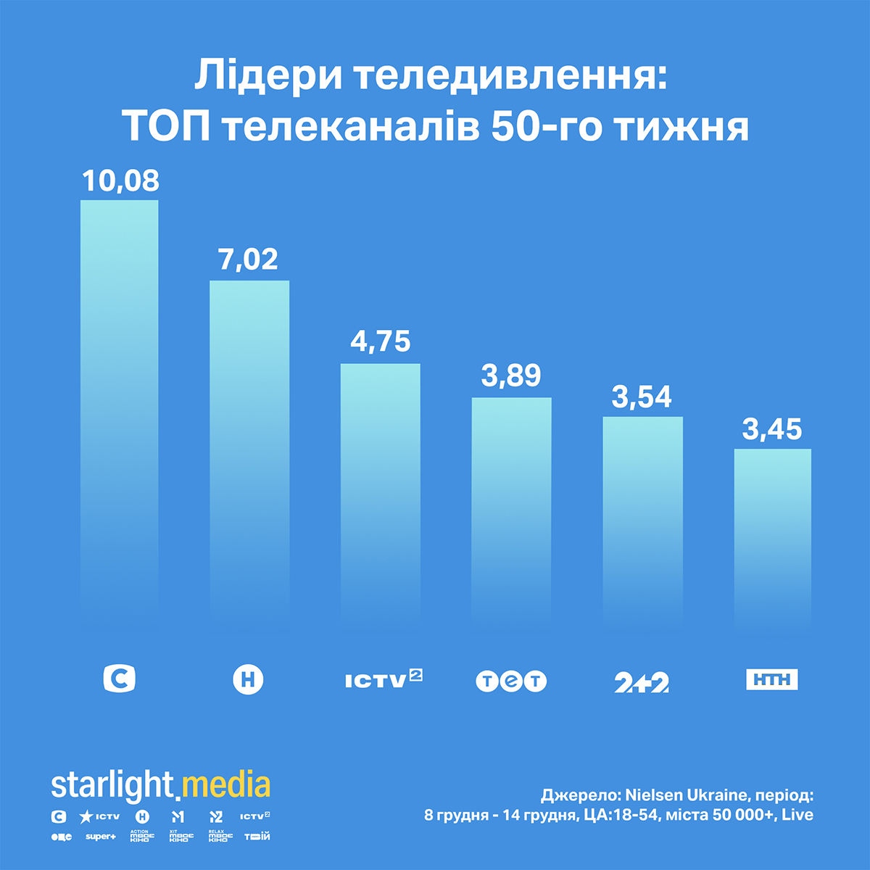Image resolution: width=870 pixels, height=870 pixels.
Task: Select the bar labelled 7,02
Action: pyautogui.click(x=249, y=449)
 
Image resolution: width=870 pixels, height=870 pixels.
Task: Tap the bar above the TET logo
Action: pyautogui.click(x=511, y=507)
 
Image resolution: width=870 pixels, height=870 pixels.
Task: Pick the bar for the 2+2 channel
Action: pyautogui.click(x=642, y=518)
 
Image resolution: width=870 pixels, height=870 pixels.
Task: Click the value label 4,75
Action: pyautogui.click(x=381, y=341)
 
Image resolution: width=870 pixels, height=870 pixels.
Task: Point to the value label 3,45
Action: pyautogui.click(x=772, y=429)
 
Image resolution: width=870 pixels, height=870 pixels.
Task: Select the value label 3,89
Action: pyautogui.click(x=511, y=376)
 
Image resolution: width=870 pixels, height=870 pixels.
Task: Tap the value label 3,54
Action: pyautogui.click(x=642, y=397)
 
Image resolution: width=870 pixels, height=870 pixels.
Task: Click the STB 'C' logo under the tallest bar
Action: pyautogui.click(x=119, y=679)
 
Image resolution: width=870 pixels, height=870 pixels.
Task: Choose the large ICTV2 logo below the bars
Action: pyautogui.click(x=384, y=679)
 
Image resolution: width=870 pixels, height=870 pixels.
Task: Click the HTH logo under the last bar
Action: pyautogui.click(x=772, y=679)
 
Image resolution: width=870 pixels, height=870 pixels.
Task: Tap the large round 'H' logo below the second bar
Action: pyautogui.click(x=249, y=680)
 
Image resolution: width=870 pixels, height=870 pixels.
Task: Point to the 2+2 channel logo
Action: pyautogui.click(x=642, y=682)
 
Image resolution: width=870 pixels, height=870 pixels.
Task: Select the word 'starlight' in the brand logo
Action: pyautogui.click(x=112, y=785)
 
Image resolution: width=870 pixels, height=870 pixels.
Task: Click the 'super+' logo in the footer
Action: pyautogui.click(x=100, y=837)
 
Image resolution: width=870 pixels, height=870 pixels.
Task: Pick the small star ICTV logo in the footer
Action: pyautogui.click(x=99, y=817)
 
